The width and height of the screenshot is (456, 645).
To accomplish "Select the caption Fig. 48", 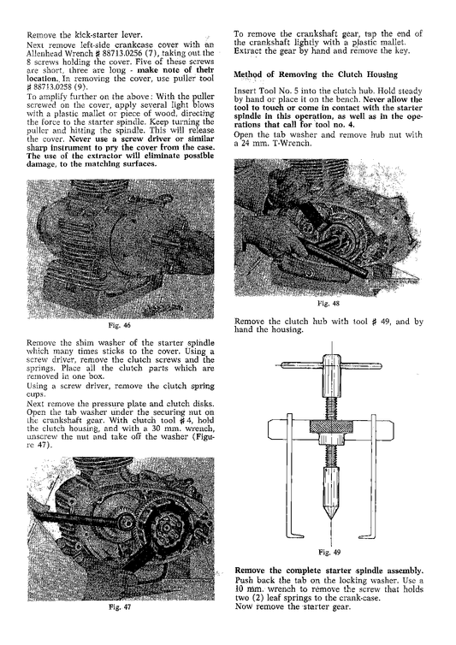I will pyautogui.click(x=335, y=303).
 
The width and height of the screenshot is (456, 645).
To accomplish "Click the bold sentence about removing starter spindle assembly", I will pyautogui.click(x=328, y=570).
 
